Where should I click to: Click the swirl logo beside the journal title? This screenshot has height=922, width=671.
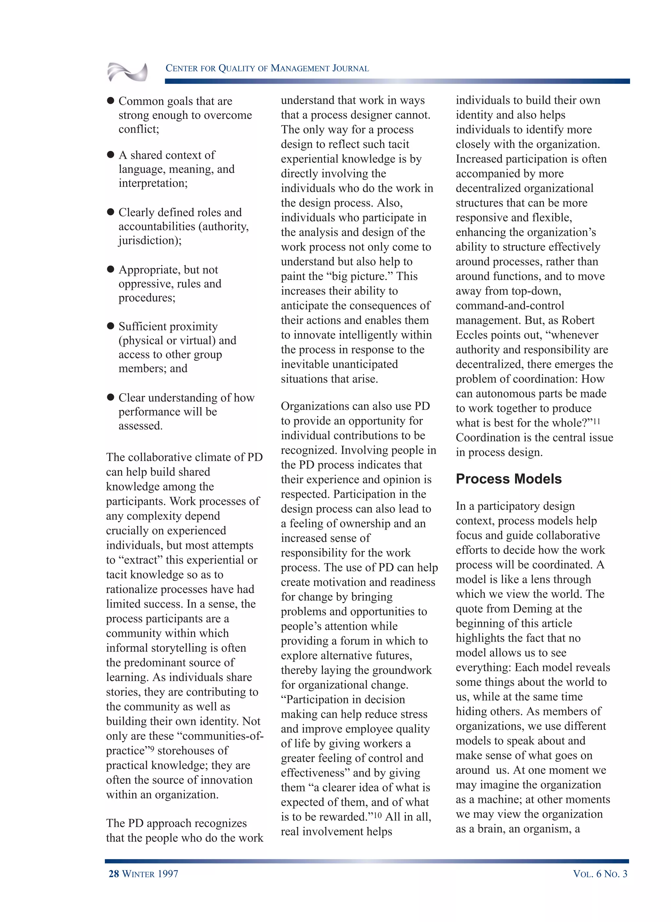pos(127,72)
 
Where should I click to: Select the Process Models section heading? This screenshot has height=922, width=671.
pos(508,479)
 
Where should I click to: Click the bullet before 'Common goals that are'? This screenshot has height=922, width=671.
pos(110,101)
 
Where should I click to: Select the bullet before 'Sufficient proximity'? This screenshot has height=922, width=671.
pos(110,326)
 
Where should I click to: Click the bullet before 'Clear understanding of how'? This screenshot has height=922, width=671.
pos(110,397)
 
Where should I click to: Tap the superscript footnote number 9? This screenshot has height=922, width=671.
pos(152,748)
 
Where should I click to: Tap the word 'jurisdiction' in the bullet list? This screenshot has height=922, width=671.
pos(148,240)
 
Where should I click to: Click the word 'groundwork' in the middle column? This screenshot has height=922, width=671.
pos(402,670)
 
